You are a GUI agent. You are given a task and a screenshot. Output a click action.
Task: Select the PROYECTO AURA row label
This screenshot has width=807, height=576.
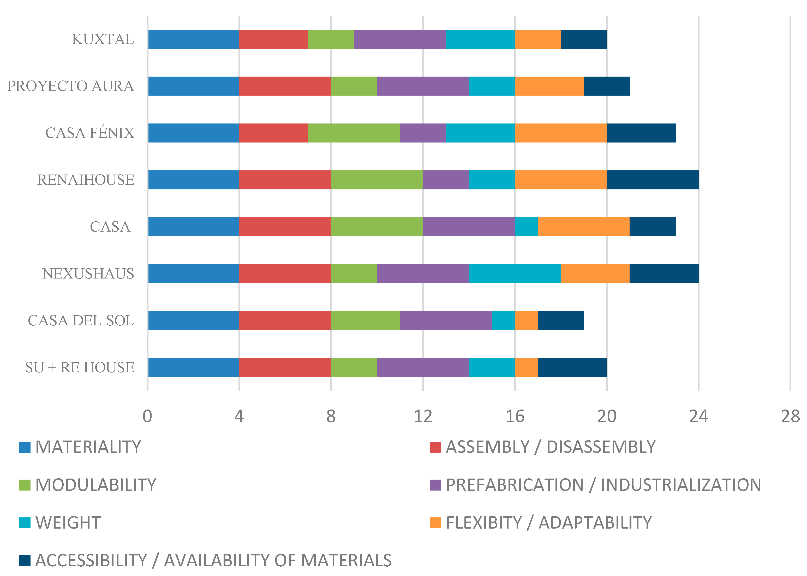[x=71, y=86]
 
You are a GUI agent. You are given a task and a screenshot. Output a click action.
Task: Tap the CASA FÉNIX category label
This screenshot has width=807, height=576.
[x=90, y=133]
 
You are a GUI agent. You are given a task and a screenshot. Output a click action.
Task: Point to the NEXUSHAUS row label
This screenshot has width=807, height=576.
[x=88, y=274]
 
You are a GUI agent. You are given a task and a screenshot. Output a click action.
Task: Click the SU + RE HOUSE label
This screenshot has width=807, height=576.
[x=80, y=367]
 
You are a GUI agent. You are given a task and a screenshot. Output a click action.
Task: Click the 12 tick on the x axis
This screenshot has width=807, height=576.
[x=423, y=416]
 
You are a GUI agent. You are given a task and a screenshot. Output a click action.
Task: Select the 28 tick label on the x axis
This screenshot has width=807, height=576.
[x=790, y=416]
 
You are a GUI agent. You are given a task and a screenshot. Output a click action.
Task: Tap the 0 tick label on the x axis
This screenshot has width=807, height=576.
[x=147, y=416]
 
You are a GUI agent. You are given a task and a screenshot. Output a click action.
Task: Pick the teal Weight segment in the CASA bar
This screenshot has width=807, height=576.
[x=526, y=227]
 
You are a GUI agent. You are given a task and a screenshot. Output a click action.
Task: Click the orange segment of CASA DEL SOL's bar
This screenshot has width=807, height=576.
[x=526, y=321]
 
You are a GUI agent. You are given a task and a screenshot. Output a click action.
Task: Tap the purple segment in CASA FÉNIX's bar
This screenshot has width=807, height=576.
[x=422, y=133]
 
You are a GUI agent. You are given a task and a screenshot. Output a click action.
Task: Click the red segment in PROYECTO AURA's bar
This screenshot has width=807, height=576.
[x=285, y=86]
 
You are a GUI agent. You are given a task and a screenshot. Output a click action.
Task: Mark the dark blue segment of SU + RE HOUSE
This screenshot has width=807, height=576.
[x=572, y=367]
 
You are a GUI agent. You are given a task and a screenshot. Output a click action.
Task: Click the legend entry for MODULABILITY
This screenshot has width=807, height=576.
[x=95, y=485]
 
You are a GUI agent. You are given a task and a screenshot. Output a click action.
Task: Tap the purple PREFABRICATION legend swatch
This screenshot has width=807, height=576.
[x=435, y=485]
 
